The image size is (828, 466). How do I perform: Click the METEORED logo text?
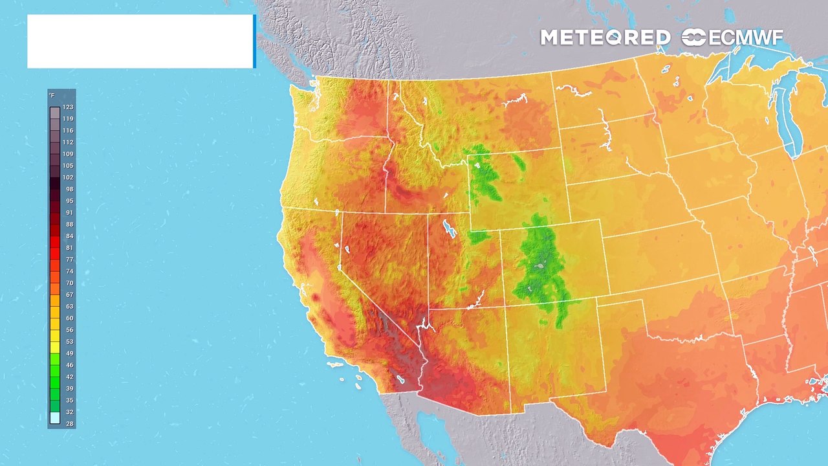coord(605,38)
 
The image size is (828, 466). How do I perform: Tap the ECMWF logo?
coord(733,38)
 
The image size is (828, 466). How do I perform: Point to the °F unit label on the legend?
coord(52,96)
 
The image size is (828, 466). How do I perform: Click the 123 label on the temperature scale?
coord(68,107)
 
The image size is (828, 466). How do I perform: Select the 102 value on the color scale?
coord(68,177)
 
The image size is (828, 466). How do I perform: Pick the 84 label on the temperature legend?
coord(68,236)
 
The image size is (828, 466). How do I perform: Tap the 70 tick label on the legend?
coord(68,283)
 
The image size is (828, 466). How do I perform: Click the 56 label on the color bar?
coord(68,330)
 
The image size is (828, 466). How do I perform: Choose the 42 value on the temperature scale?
coord(68,377)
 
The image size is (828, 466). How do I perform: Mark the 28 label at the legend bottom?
coord(68,424)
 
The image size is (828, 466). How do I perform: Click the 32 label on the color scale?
coord(68,412)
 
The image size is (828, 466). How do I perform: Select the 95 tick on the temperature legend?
coord(68,201)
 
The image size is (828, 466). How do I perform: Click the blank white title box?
coord(140,41)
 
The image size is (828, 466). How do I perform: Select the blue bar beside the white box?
coord(254,41)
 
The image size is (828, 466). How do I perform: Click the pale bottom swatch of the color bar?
coord(55,418)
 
